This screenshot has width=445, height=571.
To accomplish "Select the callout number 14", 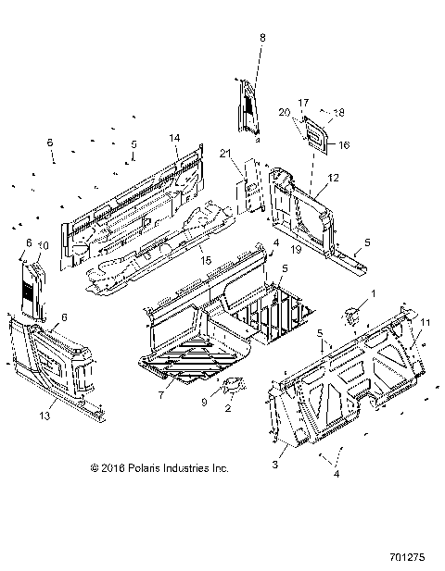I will click(173, 138).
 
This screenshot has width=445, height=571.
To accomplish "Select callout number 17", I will click(302, 102).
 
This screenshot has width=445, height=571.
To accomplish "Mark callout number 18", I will click(339, 112).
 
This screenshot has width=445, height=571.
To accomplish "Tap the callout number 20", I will click(286, 112).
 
